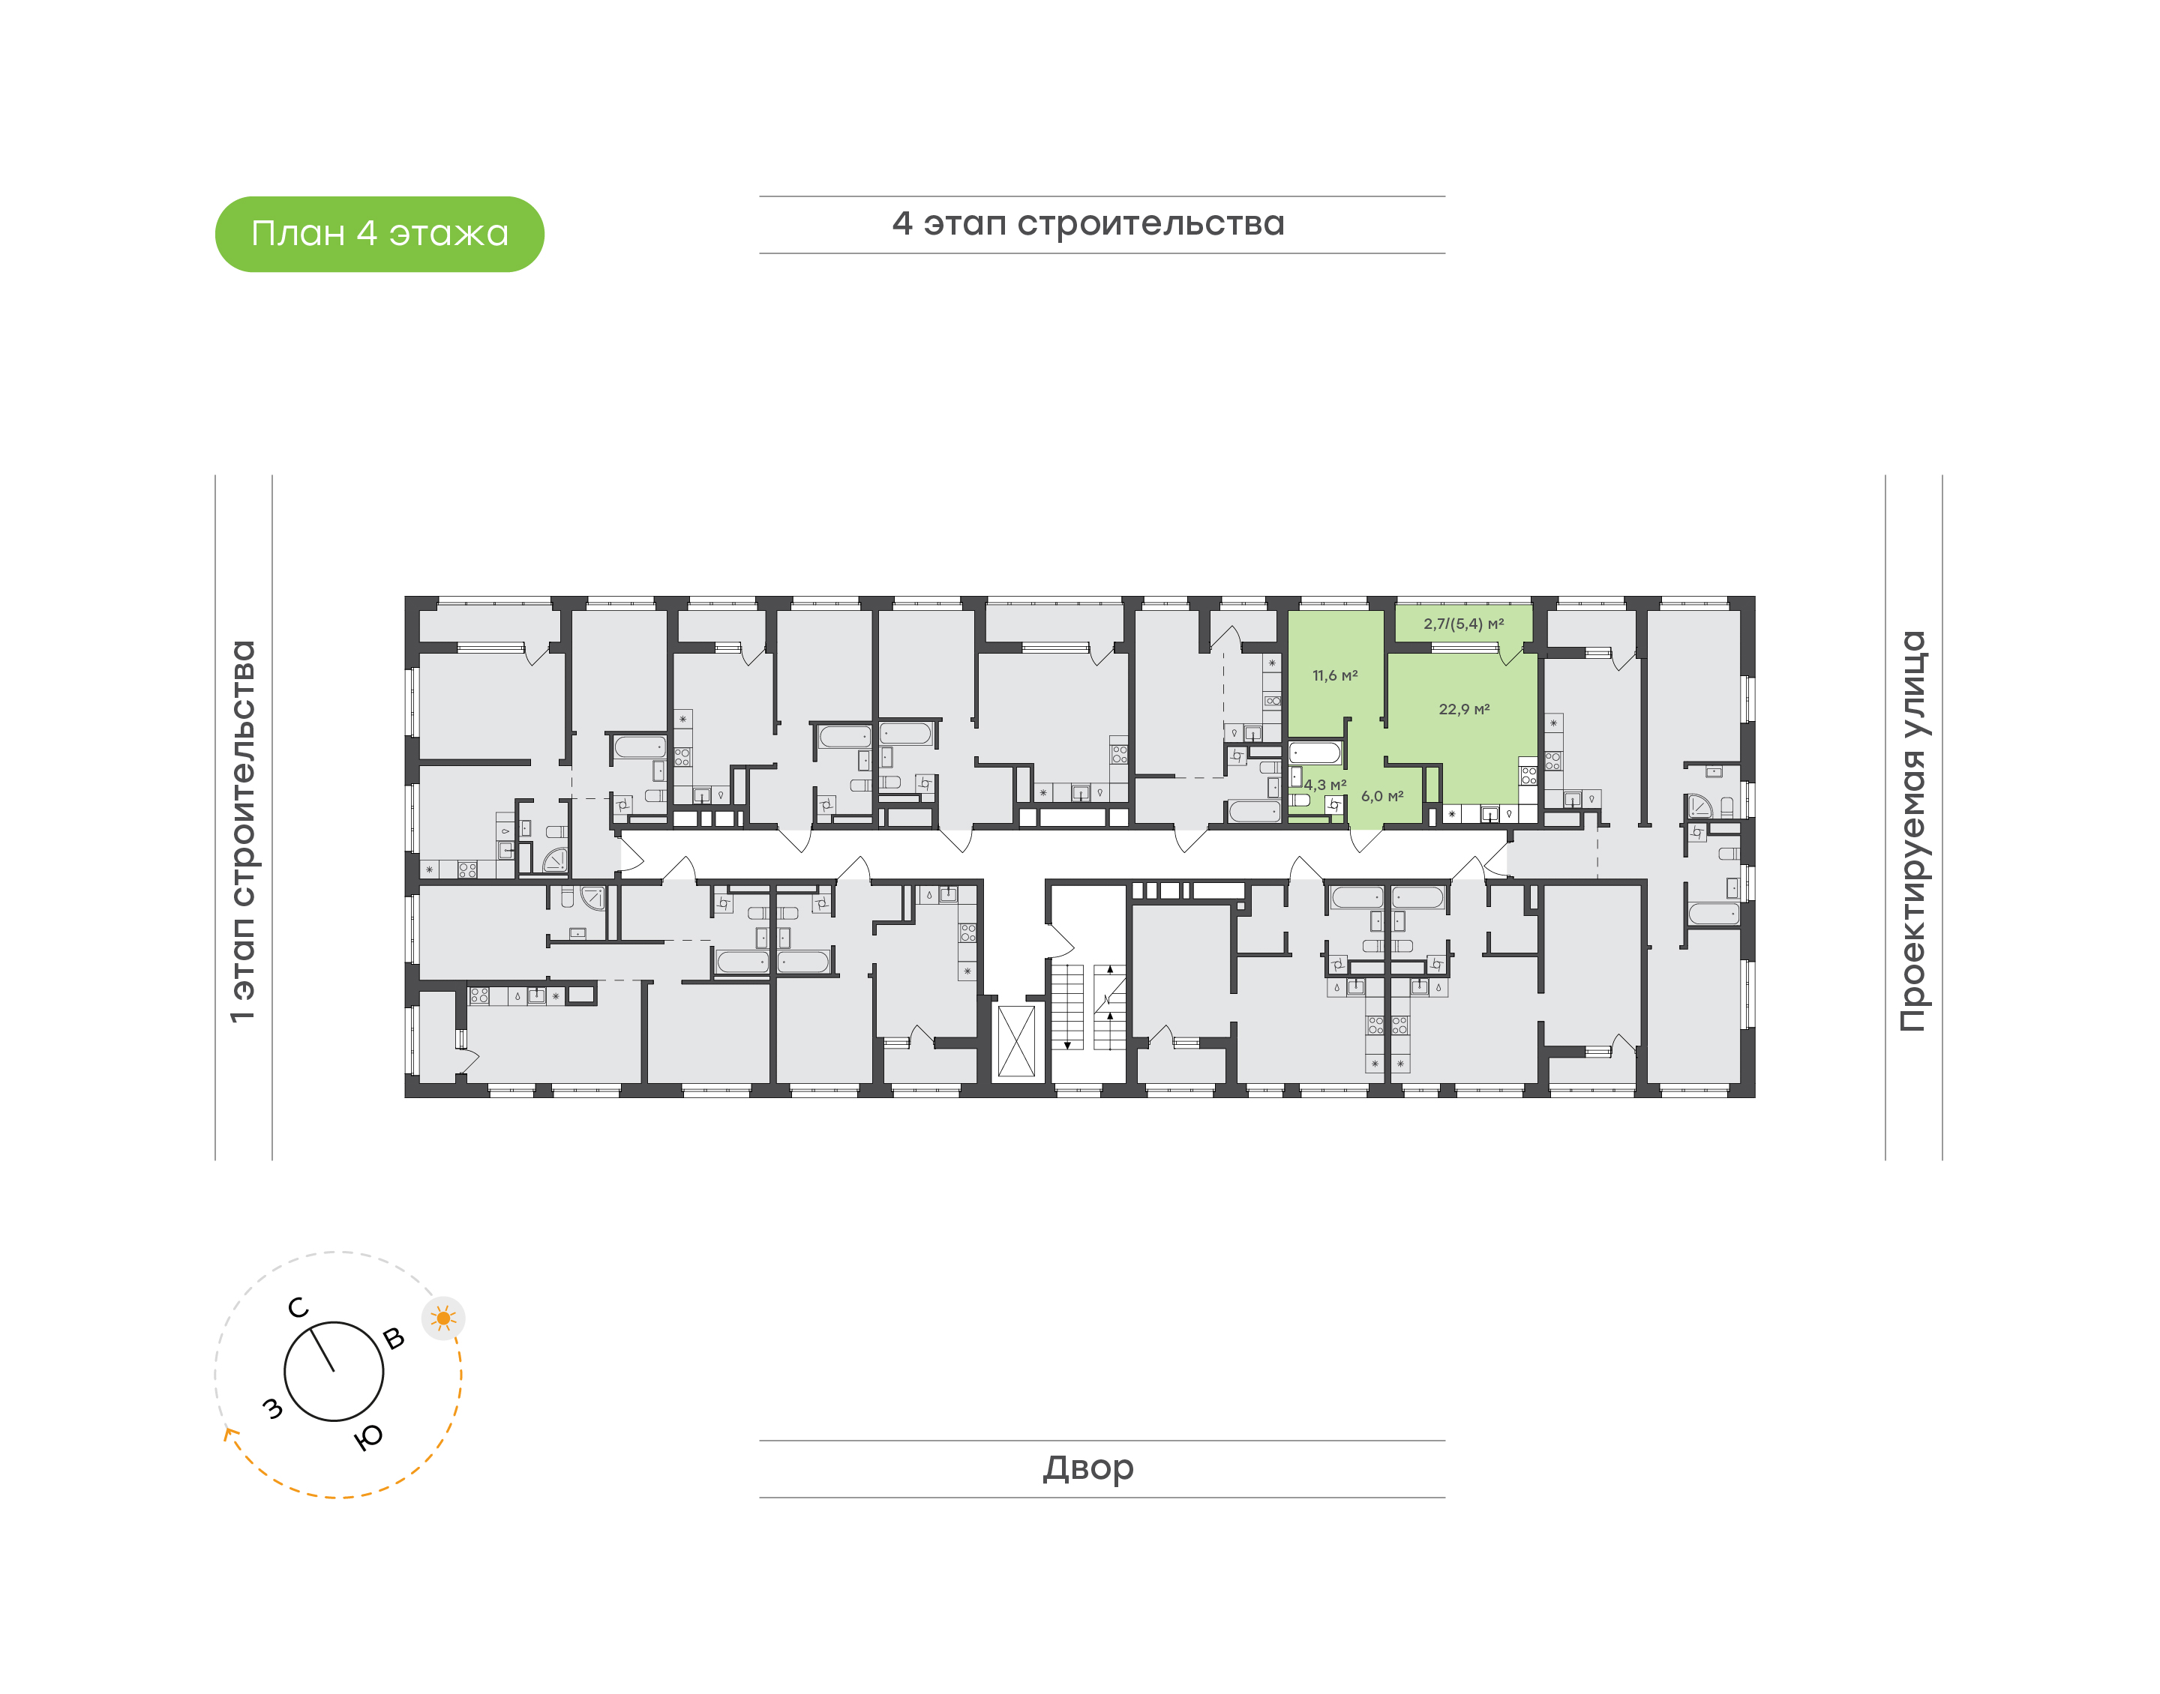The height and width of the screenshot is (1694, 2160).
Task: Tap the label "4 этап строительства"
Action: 1087,224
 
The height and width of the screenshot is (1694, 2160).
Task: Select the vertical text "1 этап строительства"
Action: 243,831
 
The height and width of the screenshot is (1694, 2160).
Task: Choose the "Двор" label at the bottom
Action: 1087,1468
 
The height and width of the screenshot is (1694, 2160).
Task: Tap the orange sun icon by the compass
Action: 443,1318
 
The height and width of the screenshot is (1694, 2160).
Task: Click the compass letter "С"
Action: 298,1308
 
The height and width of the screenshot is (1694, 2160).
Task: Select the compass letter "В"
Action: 394,1338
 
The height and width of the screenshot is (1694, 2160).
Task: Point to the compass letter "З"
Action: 271,1408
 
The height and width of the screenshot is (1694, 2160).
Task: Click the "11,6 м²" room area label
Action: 1334,675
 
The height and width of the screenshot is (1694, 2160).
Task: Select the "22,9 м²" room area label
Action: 1463,709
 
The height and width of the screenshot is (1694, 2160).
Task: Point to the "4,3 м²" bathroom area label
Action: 1324,785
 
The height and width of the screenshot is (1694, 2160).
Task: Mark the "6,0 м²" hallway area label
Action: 1382,797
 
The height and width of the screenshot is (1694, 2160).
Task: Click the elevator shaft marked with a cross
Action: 1016,1040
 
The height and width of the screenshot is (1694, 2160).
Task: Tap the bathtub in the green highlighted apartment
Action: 1315,753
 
